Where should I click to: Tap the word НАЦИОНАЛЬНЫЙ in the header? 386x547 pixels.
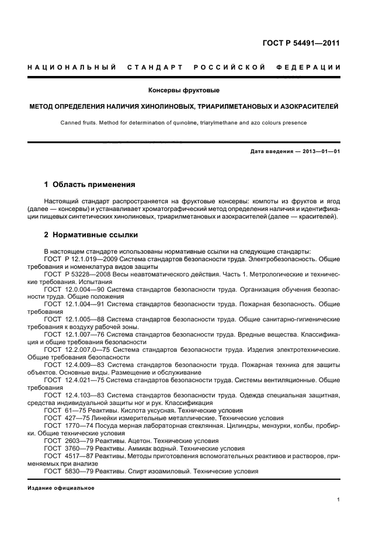tap(72, 68)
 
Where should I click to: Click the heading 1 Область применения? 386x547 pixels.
tap(89, 185)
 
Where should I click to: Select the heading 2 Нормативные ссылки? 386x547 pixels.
tap(91, 235)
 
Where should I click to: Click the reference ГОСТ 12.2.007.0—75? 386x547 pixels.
tap(77, 349)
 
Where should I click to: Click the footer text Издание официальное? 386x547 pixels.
tap(61, 488)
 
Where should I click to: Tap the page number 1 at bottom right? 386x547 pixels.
tap(339, 500)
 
